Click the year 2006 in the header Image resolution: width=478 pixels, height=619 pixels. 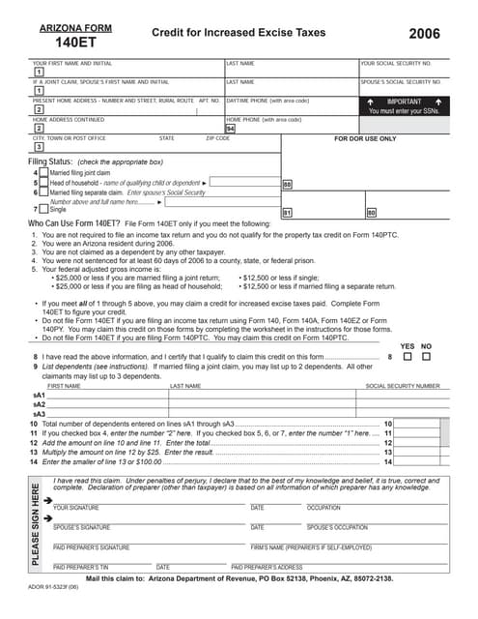[424, 34]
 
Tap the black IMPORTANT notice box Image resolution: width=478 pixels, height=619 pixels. [403, 105]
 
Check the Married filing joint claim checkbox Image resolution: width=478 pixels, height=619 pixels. [44, 172]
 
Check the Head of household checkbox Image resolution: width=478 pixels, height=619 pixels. [44, 182]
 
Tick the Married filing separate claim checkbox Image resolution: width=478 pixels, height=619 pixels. [44, 192]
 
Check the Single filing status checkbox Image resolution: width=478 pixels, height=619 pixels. [44, 208]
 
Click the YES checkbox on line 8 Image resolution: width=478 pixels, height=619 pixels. [407, 357]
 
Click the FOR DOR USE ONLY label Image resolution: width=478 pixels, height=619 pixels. [366, 138]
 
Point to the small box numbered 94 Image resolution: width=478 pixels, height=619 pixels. [230, 128]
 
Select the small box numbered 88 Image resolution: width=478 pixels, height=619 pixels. [287, 183]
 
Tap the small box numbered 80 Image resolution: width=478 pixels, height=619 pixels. [371, 211]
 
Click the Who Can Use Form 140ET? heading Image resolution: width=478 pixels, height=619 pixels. [82, 223]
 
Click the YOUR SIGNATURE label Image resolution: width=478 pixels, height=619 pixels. [75, 508]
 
